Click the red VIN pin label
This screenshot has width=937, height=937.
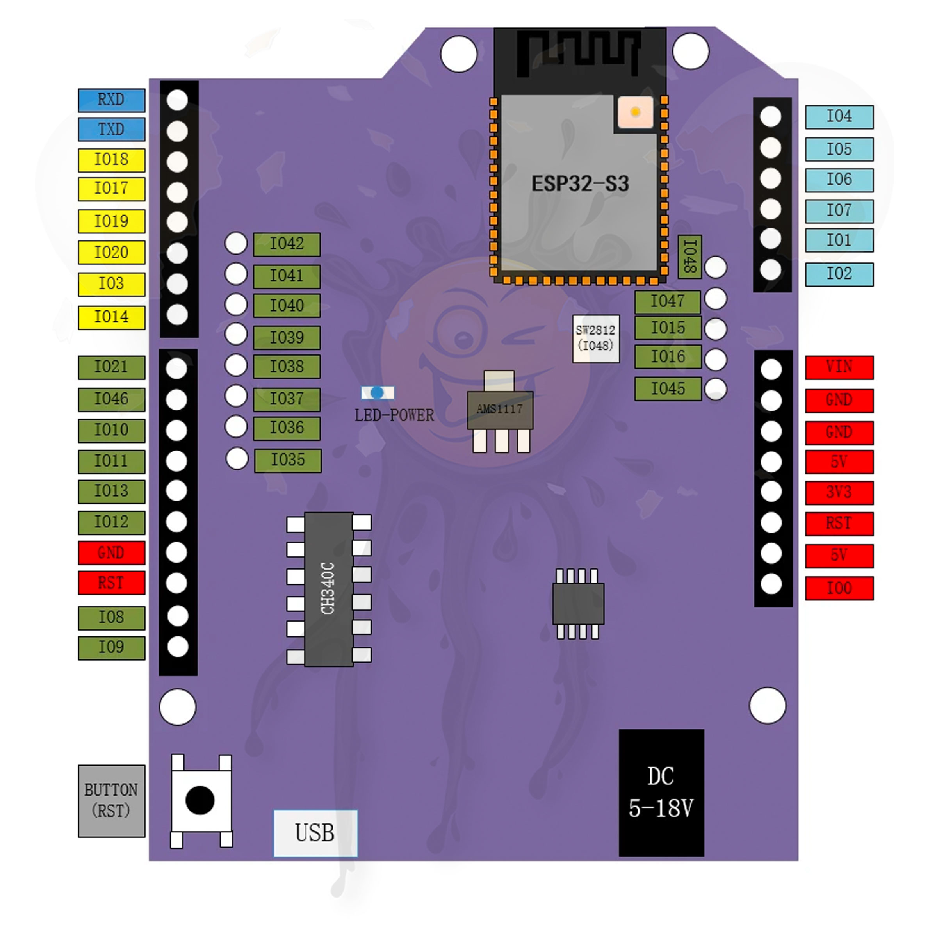point(839,367)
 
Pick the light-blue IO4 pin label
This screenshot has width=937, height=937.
point(839,117)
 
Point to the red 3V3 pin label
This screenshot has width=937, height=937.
point(839,492)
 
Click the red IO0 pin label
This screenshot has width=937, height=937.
point(839,588)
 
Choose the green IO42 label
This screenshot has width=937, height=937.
point(287,244)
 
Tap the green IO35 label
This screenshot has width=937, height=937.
point(288,460)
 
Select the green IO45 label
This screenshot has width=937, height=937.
point(668,389)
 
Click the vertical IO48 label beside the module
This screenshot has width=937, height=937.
point(689,257)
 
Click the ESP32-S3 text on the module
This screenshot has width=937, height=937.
point(580,184)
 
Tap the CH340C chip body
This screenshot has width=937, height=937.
point(328,589)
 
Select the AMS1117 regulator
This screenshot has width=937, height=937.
point(500,410)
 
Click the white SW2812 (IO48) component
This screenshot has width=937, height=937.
point(595,338)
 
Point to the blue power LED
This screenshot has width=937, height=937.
point(377,392)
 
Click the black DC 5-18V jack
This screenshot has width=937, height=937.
point(661,793)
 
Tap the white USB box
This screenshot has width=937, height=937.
point(315,833)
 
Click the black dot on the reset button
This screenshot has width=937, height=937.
point(200,800)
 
